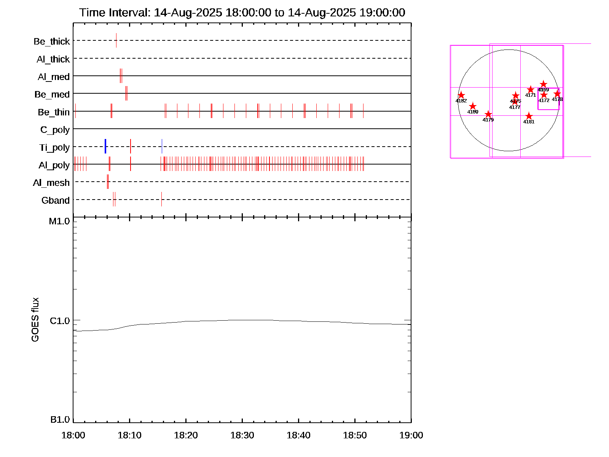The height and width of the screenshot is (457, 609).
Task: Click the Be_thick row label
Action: tap(52, 41)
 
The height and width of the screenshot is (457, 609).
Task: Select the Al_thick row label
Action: tap(53, 59)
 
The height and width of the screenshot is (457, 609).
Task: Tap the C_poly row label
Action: tap(55, 130)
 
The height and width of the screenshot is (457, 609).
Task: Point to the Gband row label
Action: tap(55, 200)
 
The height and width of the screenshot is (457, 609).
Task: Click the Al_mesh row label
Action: tap(51, 183)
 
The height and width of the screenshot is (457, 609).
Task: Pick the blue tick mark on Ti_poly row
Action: tap(105, 147)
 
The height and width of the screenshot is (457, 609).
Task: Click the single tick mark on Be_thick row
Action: tap(116, 40)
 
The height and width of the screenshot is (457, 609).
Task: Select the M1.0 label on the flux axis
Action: tap(59, 221)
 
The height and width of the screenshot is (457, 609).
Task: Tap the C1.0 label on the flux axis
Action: tap(60, 321)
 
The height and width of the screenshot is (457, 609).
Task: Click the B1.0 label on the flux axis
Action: tap(60, 420)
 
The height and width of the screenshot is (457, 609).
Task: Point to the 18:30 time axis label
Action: tap(242, 435)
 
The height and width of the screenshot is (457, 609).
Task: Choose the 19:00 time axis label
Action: tap(411, 435)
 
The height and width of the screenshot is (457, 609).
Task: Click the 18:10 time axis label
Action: tap(129, 435)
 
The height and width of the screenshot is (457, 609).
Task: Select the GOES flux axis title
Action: tap(35, 320)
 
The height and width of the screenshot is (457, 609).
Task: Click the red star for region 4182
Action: tap(461, 95)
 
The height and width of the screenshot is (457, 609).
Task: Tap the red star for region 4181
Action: tap(529, 116)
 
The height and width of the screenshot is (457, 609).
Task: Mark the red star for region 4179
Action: tap(488, 114)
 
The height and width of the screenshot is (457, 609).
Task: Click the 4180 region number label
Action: tap(473, 112)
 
